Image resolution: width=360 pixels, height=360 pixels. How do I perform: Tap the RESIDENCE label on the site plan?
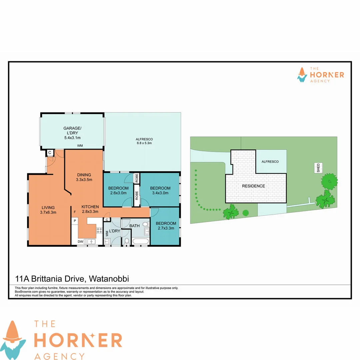(x=253, y=186)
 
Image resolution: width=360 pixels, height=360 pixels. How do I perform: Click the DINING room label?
(x=84, y=175)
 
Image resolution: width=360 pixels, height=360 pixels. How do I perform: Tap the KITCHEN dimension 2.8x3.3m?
(x=90, y=211)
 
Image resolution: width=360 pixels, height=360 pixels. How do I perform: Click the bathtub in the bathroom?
(x=140, y=241)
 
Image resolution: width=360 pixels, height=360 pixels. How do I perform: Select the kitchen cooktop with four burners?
(x=99, y=230)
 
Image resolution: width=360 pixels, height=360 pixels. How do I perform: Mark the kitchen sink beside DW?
(x=90, y=241)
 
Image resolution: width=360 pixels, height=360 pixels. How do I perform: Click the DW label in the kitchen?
(x=80, y=241)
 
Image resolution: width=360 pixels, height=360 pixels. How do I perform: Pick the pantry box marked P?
(x=75, y=221)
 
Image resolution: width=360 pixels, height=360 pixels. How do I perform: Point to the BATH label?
(x=135, y=226)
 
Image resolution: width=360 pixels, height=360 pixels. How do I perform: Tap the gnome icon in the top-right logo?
(x=302, y=75)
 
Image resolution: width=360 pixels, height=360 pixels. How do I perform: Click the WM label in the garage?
(x=80, y=146)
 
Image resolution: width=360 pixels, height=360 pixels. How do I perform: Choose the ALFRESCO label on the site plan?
(x=270, y=161)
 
